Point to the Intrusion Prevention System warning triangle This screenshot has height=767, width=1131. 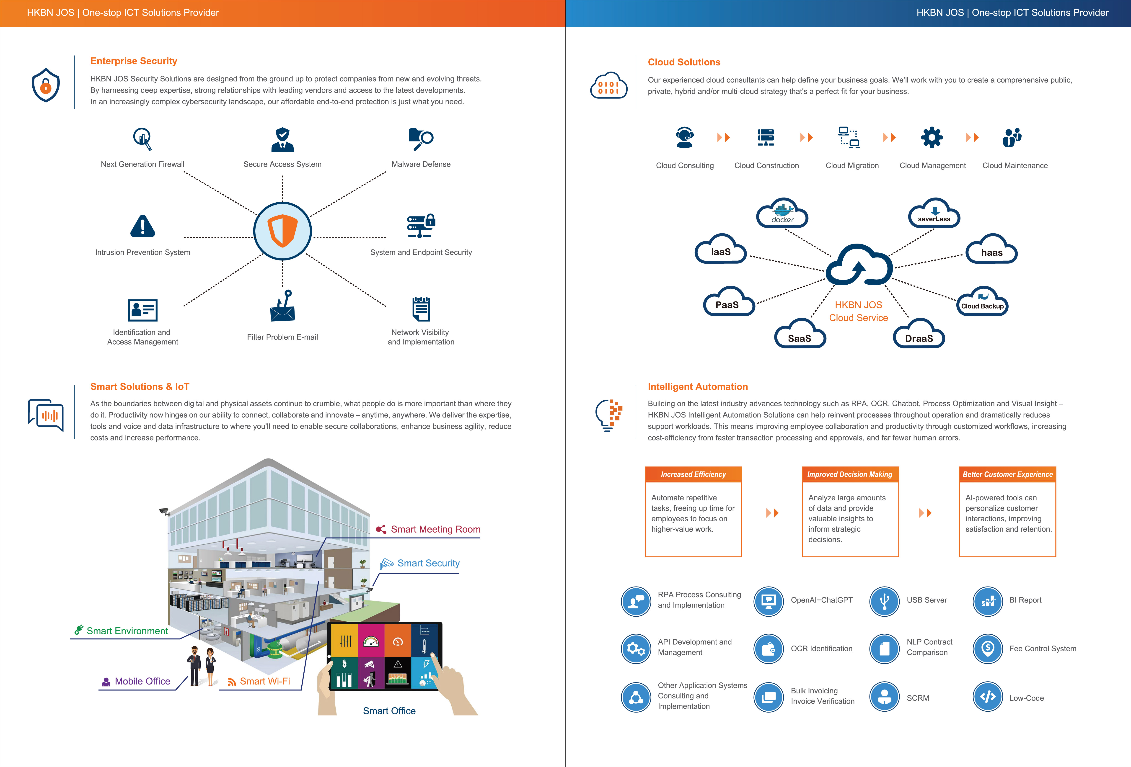coord(142,226)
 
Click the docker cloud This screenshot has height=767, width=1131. coord(782,214)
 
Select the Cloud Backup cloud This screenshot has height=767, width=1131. coord(982,303)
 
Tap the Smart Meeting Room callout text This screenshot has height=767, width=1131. coord(435,529)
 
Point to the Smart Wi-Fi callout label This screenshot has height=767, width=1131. coord(265,681)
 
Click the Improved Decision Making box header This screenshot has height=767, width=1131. coord(850,474)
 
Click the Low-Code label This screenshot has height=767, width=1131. coord(1026,698)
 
